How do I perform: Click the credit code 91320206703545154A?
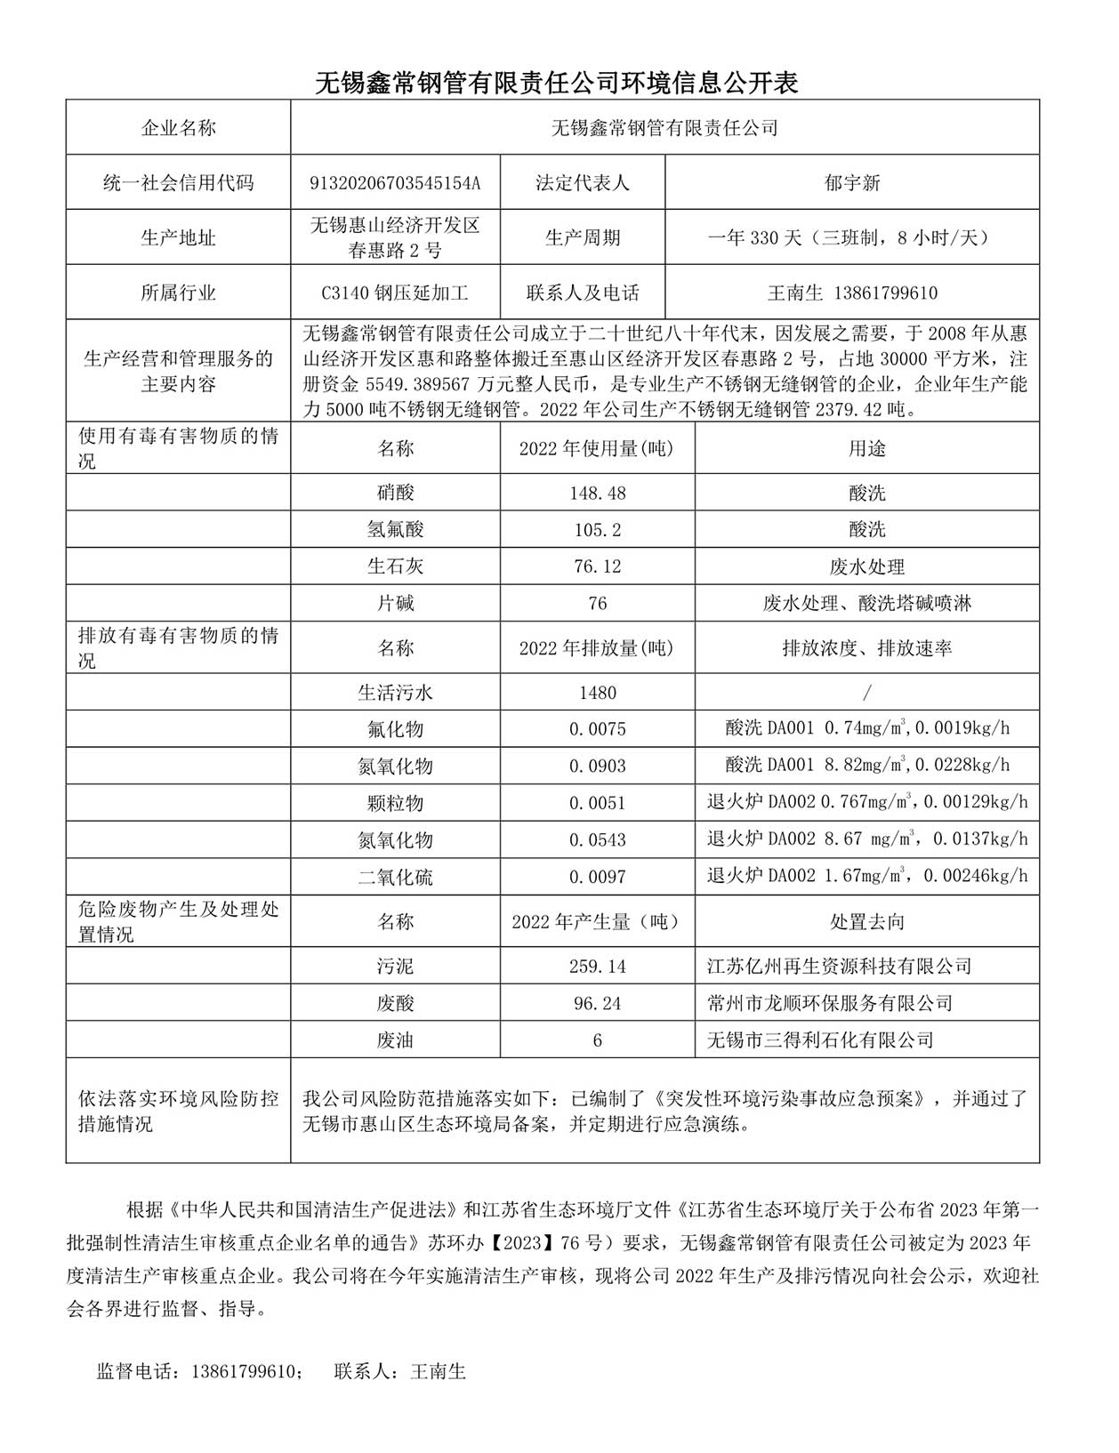click(395, 183)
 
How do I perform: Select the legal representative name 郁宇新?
click(851, 183)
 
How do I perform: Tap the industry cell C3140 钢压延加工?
click(395, 293)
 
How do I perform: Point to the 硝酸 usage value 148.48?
click(597, 493)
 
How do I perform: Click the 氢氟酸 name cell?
click(395, 530)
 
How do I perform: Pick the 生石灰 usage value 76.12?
click(597, 566)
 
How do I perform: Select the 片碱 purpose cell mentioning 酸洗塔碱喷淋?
click(866, 604)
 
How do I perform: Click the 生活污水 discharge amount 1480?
click(597, 693)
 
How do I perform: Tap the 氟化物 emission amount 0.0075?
click(597, 729)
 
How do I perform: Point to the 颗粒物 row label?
click(395, 803)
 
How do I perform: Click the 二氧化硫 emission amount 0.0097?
click(597, 877)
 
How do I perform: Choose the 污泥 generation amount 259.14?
click(597, 967)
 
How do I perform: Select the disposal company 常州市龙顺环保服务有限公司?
click(829, 1004)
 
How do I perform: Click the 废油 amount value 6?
click(597, 1040)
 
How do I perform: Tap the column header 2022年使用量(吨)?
click(597, 448)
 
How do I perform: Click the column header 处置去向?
click(866, 921)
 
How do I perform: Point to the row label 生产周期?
click(582, 237)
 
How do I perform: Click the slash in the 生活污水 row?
click(866, 693)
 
